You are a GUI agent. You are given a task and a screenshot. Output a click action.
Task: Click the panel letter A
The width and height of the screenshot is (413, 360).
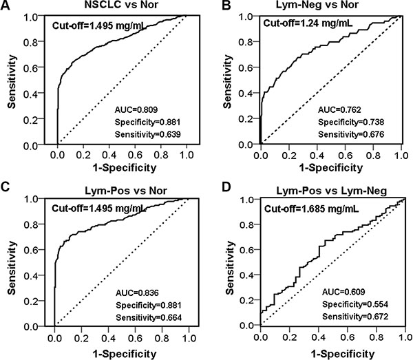click(x=5, y=6)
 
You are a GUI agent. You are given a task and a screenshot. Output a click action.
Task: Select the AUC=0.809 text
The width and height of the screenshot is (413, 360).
click(x=136, y=109)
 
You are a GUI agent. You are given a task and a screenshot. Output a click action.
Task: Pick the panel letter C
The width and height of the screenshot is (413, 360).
click(x=5, y=187)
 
